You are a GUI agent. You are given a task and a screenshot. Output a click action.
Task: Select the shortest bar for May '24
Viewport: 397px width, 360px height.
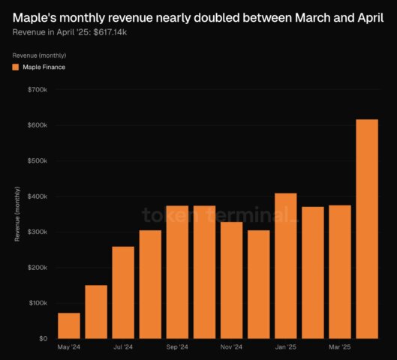click(x=69, y=325)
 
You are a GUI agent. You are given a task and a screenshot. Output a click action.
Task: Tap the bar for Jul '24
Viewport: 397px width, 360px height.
click(x=123, y=292)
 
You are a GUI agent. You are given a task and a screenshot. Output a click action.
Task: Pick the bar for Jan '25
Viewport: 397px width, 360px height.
click(x=285, y=265)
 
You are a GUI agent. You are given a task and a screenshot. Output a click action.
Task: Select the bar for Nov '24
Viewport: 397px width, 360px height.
click(x=231, y=280)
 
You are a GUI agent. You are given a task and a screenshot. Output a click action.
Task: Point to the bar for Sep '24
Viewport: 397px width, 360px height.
click(x=177, y=271)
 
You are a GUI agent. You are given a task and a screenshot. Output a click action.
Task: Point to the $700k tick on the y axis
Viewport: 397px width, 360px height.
click(x=36, y=89)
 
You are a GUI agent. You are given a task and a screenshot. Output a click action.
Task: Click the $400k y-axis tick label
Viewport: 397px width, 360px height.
click(x=36, y=196)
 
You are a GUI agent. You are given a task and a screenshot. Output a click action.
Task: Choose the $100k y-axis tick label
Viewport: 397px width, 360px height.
click(x=36, y=303)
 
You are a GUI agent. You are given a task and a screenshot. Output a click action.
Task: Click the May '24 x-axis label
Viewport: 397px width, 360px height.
click(x=69, y=347)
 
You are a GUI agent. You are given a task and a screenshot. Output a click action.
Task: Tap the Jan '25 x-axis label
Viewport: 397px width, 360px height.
click(x=285, y=347)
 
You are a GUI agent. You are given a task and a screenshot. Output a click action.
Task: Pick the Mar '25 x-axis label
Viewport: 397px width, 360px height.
click(x=339, y=347)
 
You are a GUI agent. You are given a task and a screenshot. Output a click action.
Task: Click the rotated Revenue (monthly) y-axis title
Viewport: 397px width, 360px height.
click(x=17, y=214)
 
